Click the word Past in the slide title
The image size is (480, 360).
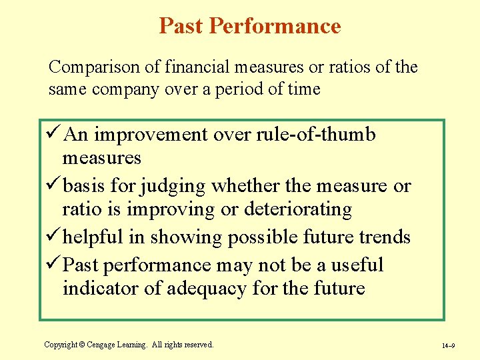pos(181,26)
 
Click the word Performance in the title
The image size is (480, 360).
pos(275,26)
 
